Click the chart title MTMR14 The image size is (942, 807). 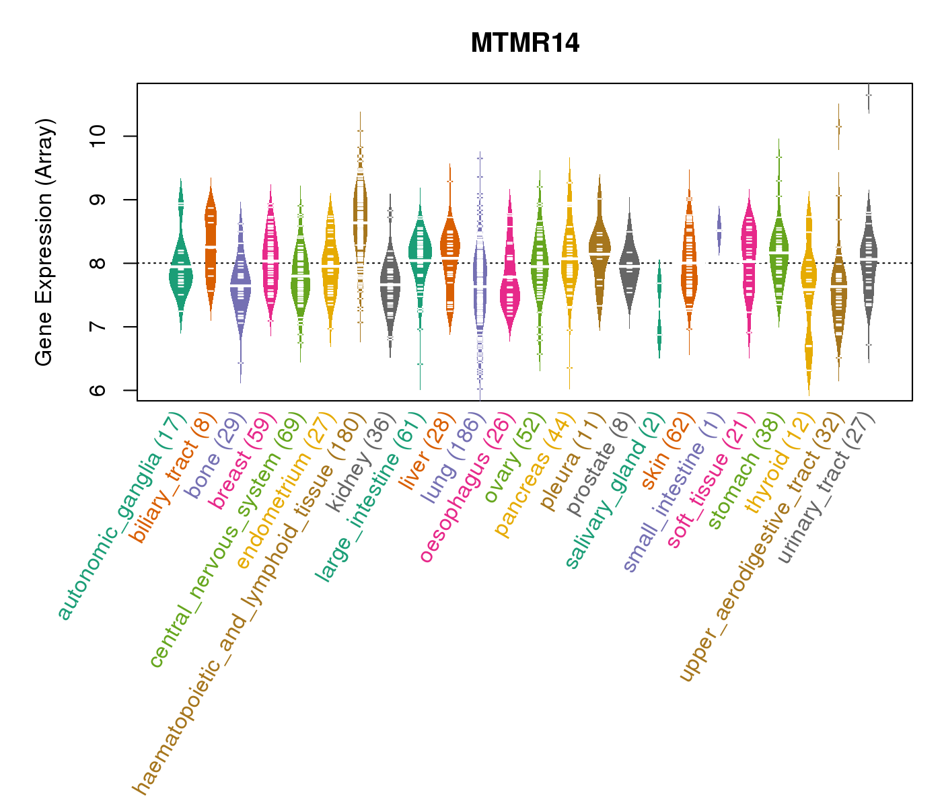pyautogui.click(x=525, y=44)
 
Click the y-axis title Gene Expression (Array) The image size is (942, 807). pyautogui.click(x=44, y=242)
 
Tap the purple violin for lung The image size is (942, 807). pyautogui.click(x=480, y=282)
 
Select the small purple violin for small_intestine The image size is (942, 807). pyautogui.click(x=719, y=229)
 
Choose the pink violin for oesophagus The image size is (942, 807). pyautogui.click(x=510, y=282)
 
